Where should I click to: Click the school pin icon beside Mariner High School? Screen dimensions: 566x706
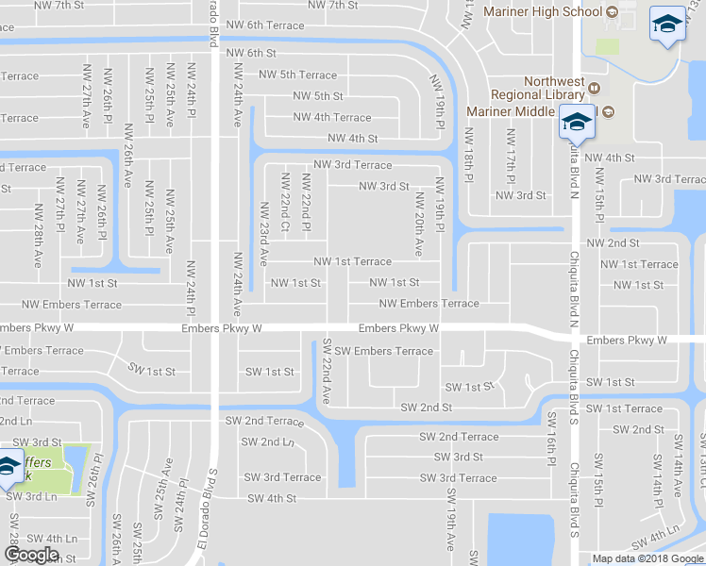point(667,25)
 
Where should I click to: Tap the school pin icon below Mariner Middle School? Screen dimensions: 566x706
point(576,122)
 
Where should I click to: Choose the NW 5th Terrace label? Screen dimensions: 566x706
point(297,75)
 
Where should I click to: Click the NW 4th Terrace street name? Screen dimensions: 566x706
point(332,118)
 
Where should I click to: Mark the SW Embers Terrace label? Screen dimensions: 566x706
point(383,351)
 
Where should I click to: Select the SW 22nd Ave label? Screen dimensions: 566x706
point(327,371)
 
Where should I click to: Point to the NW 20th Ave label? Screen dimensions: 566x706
point(419,224)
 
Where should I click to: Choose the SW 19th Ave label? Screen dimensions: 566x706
point(450,517)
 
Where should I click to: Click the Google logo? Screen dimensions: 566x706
point(31,555)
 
